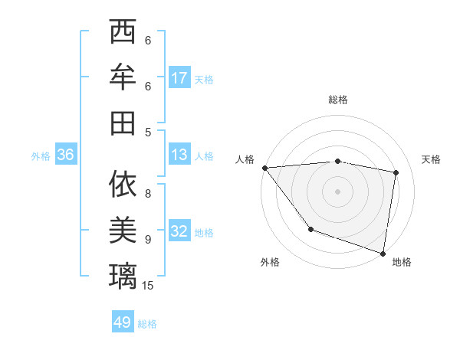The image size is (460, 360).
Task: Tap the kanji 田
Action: coord(123,122)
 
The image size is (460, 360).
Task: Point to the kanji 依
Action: coord(123,184)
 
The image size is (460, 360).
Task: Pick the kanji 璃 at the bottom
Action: coord(123,273)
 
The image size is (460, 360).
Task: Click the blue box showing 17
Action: coord(179,77)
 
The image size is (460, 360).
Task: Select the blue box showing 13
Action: coord(179,155)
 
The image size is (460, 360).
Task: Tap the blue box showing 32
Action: coord(179,231)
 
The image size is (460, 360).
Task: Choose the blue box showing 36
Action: coord(65,155)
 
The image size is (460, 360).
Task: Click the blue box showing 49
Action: coord(123,322)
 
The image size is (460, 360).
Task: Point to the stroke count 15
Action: coord(148,286)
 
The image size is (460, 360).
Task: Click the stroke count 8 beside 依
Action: coord(148,194)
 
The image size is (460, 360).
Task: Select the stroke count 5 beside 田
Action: coord(148,133)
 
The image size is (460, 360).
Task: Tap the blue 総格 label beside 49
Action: coord(147,324)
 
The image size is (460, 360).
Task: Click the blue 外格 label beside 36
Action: coord(41,156)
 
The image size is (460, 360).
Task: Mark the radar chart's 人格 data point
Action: coord(264,168)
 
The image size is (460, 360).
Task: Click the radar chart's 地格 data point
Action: coord(383,252)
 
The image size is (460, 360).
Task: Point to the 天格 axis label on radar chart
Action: coord(431,159)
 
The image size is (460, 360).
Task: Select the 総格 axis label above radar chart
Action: coord(338,100)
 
